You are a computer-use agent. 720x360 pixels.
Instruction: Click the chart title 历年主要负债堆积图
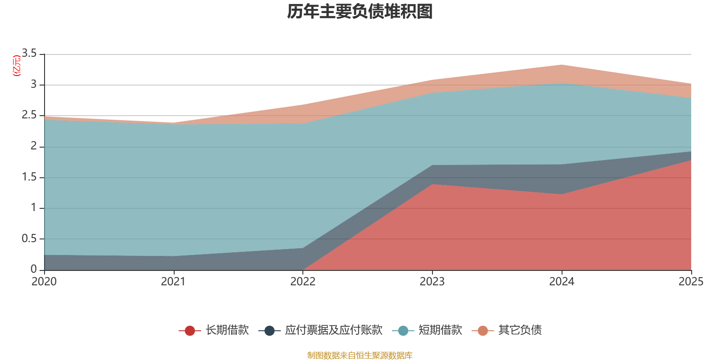click(x=360, y=12)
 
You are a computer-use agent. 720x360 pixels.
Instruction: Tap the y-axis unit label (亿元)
click(x=17, y=66)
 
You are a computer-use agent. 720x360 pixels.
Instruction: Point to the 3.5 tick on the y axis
click(x=29, y=54)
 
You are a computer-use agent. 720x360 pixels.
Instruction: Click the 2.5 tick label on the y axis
click(x=29, y=115)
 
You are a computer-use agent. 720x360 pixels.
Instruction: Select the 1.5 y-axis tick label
click(x=29, y=177)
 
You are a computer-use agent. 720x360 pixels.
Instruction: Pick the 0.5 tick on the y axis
click(x=29, y=238)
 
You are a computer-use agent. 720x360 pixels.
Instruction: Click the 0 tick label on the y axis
click(x=34, y=269)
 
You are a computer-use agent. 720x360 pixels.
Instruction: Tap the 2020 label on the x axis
click(x=44, y=282)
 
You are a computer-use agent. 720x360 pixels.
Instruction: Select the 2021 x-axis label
click(x=173, y=282)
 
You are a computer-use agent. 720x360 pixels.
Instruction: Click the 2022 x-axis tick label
click(x=303, y=282)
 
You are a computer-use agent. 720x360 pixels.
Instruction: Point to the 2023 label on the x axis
click(x=432, y=282)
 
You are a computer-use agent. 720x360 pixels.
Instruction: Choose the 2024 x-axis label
click(x=562, y=282)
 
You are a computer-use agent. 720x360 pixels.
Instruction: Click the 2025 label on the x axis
click(x=691, y=282)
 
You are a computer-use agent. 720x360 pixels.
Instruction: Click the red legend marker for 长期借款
click(x=190, y=331)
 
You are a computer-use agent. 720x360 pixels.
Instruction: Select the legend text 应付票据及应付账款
click(x=333, y=330)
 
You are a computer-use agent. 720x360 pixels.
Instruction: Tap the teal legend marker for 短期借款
click(x=403, y=331)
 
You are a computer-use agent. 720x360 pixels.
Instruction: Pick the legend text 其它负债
click(x=520, y=330)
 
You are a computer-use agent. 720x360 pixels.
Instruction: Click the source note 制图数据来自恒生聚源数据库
click(x=360, y=355)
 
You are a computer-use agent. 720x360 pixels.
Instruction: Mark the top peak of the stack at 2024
click(x=562, y=65)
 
